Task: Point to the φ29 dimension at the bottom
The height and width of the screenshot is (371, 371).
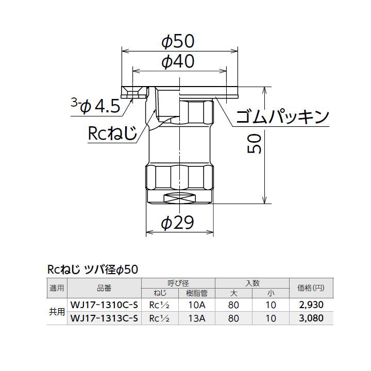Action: (x=177, y=223)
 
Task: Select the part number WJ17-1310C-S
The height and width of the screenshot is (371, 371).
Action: (x=104, y=305)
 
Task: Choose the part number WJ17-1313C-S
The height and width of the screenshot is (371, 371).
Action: (x=104, y=318)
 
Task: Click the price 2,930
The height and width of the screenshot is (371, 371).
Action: (x=311, y=305)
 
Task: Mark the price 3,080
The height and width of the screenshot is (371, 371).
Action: (x=311, y=318)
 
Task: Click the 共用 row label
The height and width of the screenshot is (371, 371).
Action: (x=57, y=312)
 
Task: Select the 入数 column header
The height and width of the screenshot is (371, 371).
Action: (x=252, y=283)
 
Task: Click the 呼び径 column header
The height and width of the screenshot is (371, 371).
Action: (x=178, y=283)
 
